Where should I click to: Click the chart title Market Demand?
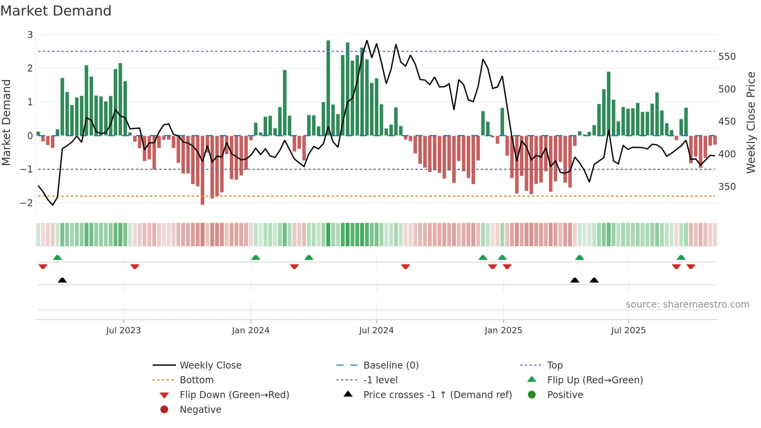(x=56, y=11)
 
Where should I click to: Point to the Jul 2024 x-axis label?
(x=376, y=331)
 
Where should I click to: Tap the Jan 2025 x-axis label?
(x=503, y=331)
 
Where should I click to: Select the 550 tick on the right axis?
(x=727, y=57)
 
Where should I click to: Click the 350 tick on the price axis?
(x=727, y=187)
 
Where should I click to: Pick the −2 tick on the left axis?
(x=27, y=203)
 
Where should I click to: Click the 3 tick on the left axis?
(x=30, y=35)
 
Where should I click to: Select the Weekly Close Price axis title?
(x=751, y=122)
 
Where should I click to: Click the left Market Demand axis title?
(x=7, y=122)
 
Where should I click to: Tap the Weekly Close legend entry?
(x=210, y=365)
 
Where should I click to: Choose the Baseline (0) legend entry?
(x=391, y=365)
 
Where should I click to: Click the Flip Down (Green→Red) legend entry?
(x=234, y=395)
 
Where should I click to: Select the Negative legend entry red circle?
(x=164, y=410)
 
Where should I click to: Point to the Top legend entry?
(x=554, y=365)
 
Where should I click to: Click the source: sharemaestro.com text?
(x=687, y=304)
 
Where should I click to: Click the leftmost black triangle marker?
(x=62, y=280)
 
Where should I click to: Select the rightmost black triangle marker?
(x=594, y=280)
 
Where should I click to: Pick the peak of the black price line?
(x=367, y=41)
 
